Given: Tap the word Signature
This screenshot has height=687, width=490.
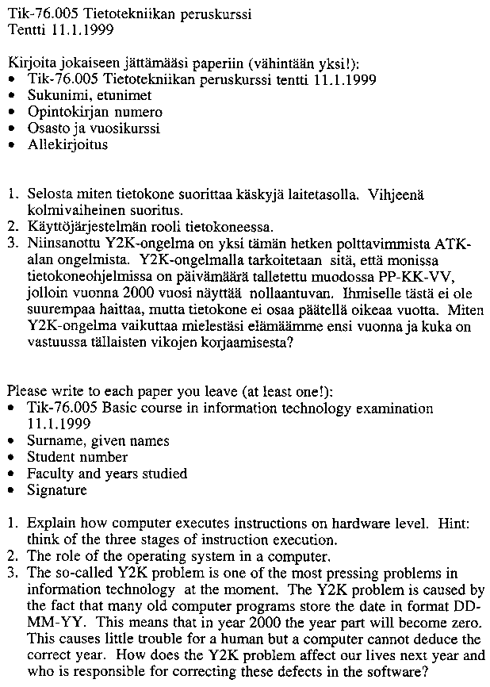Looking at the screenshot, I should point(57,490).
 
